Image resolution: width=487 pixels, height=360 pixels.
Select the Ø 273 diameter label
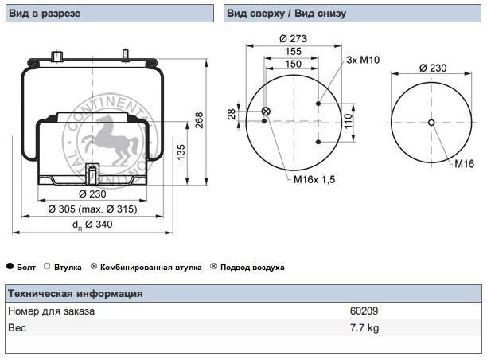[x=293, y=38]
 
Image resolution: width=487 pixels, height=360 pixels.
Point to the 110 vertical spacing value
[x=348, y=122]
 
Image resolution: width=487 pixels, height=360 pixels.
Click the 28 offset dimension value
[x=232, y=115]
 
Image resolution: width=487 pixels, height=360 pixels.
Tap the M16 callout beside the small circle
[x=465, y=163]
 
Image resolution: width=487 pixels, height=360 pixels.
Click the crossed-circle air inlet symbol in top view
[x=266, y=111]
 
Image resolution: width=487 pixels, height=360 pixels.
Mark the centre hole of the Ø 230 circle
[x=431, y=122]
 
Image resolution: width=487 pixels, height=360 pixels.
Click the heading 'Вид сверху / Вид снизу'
[x=286, y=14]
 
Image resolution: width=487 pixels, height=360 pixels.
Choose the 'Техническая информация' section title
[x=75, y=294]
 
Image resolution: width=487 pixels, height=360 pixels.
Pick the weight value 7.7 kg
[x=364, y=327]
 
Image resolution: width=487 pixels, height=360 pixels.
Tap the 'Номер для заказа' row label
[x=51, y=311]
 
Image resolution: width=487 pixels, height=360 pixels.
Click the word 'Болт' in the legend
[x=27, y=268]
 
